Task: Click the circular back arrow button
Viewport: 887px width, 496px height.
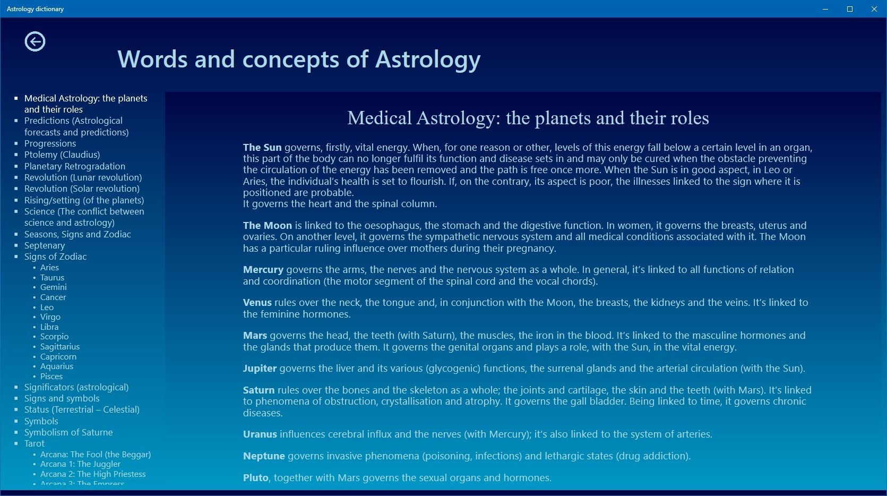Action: (35, 41)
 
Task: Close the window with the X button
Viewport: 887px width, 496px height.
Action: (874, 8)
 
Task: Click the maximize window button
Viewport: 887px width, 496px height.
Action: (850, 8)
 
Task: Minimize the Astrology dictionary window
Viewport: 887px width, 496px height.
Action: (825, 9)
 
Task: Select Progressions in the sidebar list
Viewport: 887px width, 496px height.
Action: (50, 143)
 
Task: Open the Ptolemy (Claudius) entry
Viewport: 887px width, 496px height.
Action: (62, 155)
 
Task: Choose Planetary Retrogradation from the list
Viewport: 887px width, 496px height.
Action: (75, 166)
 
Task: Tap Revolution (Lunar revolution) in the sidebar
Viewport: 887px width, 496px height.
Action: (83, 177)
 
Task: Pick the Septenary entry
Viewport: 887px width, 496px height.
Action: (45, 246)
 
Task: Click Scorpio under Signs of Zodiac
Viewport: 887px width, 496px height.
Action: (54, 337)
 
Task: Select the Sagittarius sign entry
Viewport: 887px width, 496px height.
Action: (60, 347)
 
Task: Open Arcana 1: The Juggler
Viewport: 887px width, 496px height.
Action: (80, 464)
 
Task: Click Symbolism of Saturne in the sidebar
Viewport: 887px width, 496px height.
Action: (68, 432)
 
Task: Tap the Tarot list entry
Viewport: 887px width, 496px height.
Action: (35, 443)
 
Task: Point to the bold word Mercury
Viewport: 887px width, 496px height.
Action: (263, 270)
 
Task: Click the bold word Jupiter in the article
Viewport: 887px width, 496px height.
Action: (260, 369)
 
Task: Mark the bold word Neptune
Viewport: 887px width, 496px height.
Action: (264, 456)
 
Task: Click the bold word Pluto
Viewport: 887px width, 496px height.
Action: (256, 478)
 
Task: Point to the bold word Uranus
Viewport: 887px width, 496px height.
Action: (260, 434)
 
